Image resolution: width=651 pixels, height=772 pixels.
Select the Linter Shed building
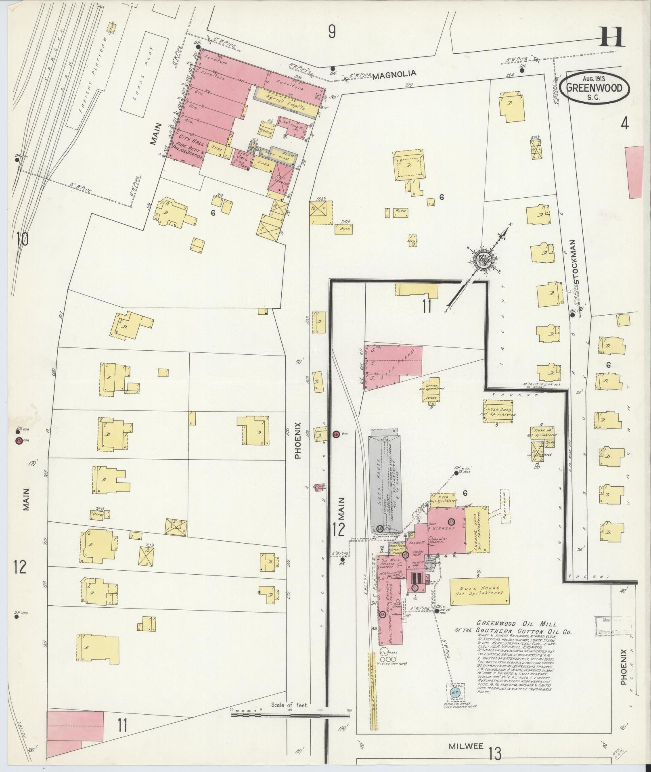(498, 411)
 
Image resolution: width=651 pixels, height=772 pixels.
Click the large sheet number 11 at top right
(611, 38)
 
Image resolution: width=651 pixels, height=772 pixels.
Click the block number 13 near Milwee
(495, 753)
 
